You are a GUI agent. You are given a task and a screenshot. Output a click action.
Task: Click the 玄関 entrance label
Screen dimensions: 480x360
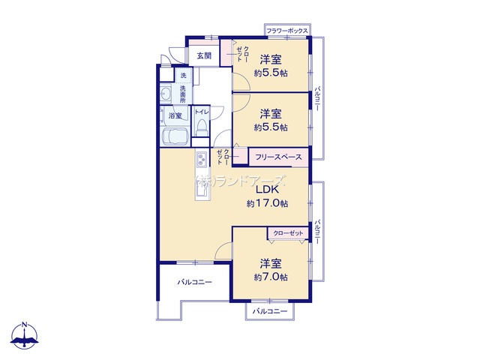[204, 55]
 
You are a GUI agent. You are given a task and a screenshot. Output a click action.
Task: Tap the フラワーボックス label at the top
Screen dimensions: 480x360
[286, 31]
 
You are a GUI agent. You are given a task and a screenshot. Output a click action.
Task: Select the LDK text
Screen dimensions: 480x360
[267, 190]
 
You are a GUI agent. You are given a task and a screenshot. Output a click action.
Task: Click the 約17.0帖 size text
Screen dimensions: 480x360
[267, 203]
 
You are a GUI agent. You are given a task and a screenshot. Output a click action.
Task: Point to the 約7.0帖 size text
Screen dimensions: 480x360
[271, 277]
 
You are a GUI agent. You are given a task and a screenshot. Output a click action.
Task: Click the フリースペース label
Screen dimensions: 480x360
[278, 157]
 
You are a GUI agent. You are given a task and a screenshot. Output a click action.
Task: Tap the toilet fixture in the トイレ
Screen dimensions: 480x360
[201, 127]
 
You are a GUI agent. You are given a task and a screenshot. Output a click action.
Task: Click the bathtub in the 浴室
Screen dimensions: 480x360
[175, 136]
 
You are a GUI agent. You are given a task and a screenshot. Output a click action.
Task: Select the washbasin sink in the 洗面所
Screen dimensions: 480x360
[166, 93]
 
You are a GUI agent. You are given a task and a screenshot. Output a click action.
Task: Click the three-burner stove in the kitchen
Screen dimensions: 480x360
[202, 159]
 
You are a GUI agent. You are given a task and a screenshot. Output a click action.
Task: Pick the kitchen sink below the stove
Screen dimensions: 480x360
[202, 190]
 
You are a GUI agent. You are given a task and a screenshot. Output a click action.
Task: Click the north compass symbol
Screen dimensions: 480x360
[25, 335]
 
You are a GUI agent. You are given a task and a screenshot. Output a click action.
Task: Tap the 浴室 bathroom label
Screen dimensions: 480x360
[175, 115]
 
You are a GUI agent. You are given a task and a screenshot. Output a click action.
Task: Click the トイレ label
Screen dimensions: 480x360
[202, 112]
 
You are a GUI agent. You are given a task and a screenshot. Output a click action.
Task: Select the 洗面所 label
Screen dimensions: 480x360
[183, 94]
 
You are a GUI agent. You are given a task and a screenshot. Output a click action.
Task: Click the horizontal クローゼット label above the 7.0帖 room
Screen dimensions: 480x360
[288, 233]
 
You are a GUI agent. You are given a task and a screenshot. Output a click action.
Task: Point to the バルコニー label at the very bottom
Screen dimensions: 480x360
[270, 311]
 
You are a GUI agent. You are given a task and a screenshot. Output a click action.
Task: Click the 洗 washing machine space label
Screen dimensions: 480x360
[183, 75]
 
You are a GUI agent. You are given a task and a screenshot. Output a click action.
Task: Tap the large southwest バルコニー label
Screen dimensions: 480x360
[195, 282]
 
